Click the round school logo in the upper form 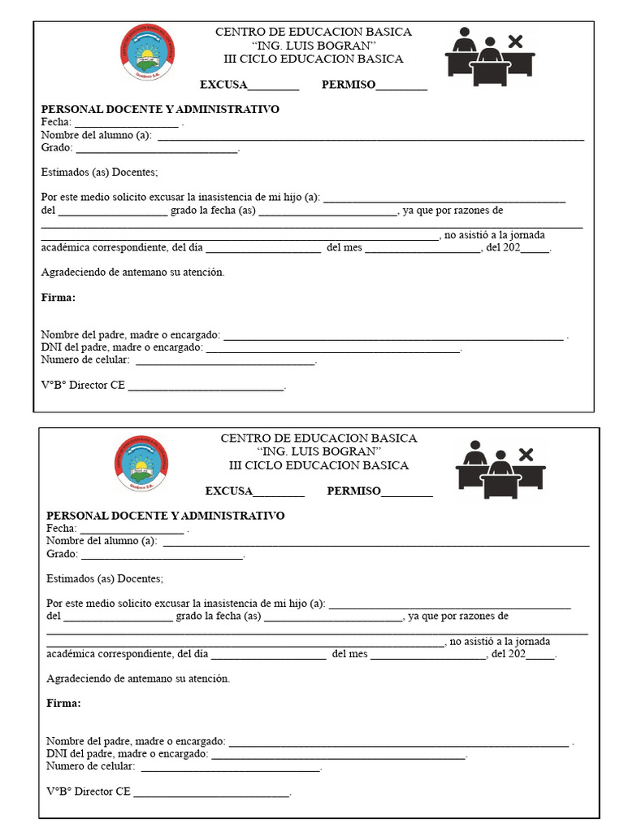[x=147, y=52]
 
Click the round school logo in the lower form [x=141, y=462]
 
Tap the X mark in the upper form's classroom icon [x=514, y=41]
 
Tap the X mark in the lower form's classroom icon [x=526, y=453]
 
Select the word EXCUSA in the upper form [x=223, y=85]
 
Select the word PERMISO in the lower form [x=353, y=491]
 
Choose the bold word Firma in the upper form [x=58, y=298]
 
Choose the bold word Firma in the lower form [x=63, y=704]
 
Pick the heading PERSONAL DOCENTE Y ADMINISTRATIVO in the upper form [x=160, y=110]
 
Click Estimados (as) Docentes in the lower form [x=105, y=579]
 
